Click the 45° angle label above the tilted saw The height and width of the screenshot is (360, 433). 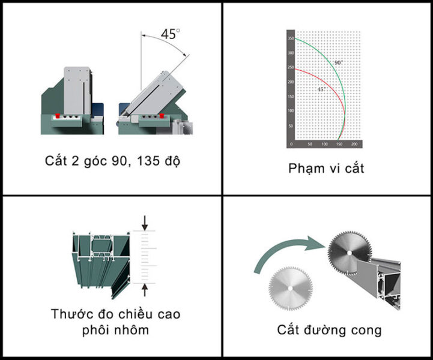tap(170, 34)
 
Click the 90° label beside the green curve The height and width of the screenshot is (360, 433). tap(338, 62)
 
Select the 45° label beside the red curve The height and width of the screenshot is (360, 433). tap(321, 89)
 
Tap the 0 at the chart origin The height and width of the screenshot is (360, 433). tap(291, 145)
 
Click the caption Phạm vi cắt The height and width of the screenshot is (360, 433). tap(326, 168)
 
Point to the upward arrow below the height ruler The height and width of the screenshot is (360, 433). tap(144, 290)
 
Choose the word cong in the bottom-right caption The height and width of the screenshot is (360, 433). tap(366, 330)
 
